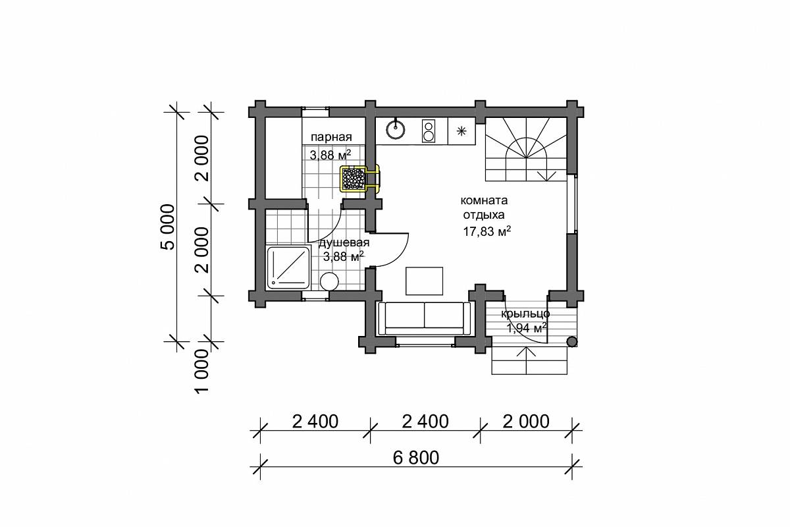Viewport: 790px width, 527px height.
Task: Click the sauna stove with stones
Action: click(354, 179)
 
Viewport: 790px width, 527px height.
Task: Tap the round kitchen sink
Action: click(396, 130)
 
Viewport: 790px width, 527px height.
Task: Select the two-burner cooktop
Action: click(428, 130)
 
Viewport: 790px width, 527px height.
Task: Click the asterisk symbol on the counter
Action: click(461, 131)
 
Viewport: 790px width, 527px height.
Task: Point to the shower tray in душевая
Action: click(288, 267)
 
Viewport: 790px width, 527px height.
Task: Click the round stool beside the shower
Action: click(329, 282)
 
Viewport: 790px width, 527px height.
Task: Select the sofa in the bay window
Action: click(424, 318)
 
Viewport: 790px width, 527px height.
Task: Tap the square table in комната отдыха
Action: click(424, 281)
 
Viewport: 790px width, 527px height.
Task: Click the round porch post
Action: click(571, 342)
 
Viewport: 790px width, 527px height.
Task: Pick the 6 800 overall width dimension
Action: click(416, 458)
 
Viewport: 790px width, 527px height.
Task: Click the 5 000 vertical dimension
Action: click(168, 227)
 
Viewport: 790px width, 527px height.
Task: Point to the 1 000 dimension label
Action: click(202, 372)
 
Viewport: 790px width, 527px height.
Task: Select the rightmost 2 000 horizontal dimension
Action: click(526, 422)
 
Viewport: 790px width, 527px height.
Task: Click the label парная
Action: click(331, 137)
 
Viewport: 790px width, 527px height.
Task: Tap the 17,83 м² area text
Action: click(487, 232)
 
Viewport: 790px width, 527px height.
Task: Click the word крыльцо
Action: click(525, 314)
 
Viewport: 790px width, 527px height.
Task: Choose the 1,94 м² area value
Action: click(527, 328)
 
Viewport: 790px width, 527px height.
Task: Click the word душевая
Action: click(344, 243)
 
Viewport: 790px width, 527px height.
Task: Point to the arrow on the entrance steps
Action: click(526, 360)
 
